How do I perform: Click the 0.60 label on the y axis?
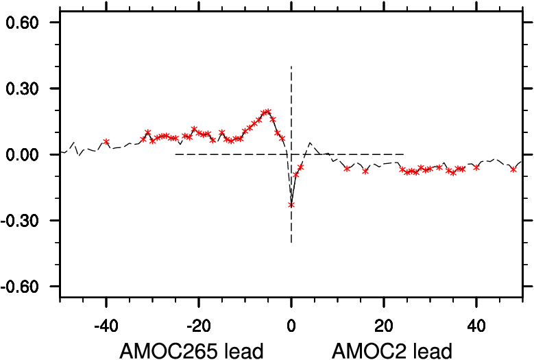tap(25, 23)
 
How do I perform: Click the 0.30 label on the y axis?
tap(25, 88)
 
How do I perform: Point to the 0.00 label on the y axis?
tap(25, 154)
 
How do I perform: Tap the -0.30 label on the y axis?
tap(23, 220)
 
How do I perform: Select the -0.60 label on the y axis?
tap(23, 286)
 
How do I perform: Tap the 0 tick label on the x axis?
tap(291, 322)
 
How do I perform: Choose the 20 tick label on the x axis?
tap(384, 322)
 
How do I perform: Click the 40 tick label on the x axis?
tap(476, 322)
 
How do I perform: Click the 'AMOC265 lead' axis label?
tap(191, 350)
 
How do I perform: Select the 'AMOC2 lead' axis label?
tap(392, 350)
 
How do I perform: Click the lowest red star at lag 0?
tap(291, 204)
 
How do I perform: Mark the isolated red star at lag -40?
tap(106, 142)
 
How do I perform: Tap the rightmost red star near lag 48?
tap(513, 169)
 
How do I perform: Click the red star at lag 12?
tap(347, 168)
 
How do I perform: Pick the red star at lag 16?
tap(365, 171)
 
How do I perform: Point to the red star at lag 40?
tap(476, 167)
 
